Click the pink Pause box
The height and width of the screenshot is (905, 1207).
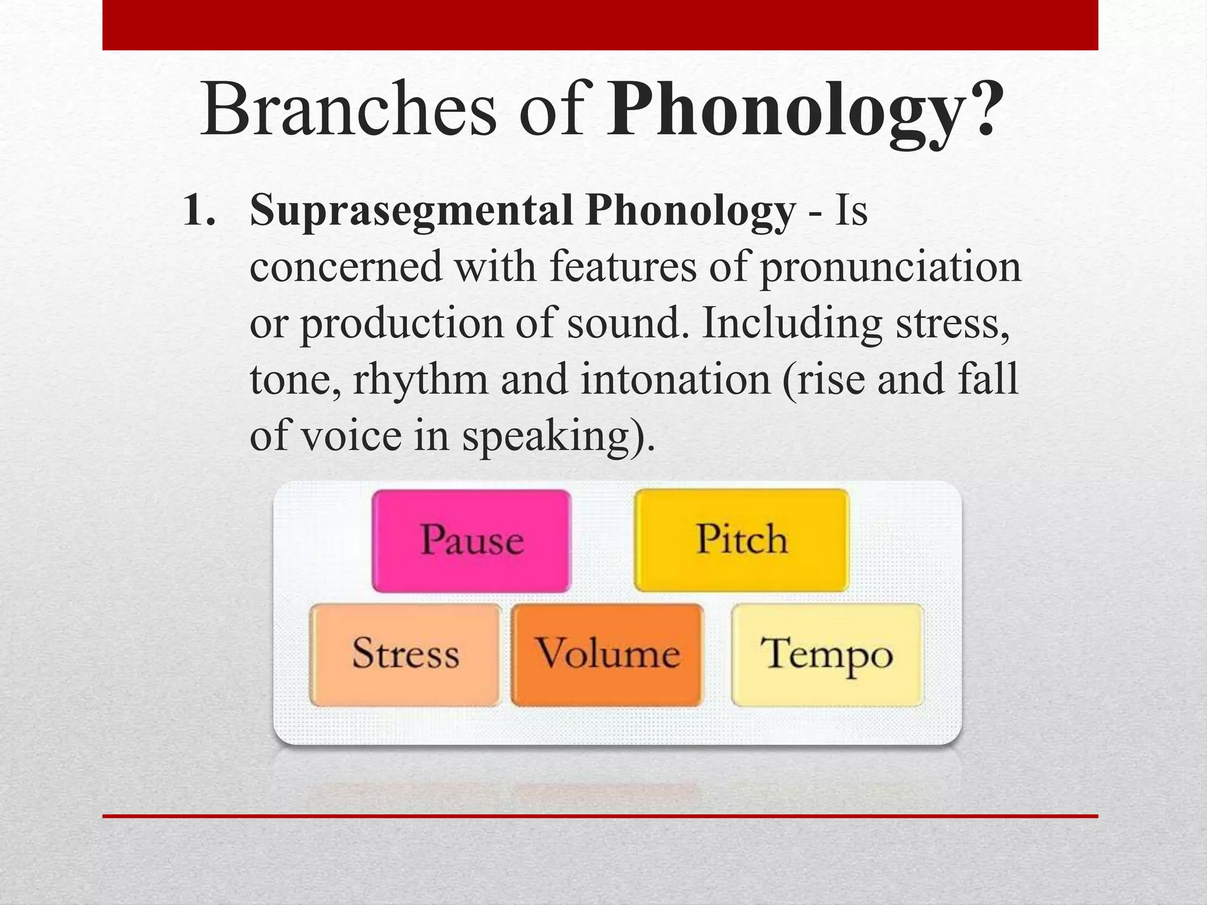[x=471, y=540]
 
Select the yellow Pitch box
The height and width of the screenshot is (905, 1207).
[x=741, y=539]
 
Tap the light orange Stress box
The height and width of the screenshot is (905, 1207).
[x=405, y=654]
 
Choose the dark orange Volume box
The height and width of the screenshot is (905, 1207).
[x=607, y=654]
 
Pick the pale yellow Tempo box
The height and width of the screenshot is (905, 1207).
[x=826, y=654]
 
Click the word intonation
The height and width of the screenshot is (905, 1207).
[x=675, y=380]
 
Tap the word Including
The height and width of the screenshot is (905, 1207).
[x=792, y=324]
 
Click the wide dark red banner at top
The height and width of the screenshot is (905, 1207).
[x=600, y=25]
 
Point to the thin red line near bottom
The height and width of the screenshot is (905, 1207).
[x=600, y=816]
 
